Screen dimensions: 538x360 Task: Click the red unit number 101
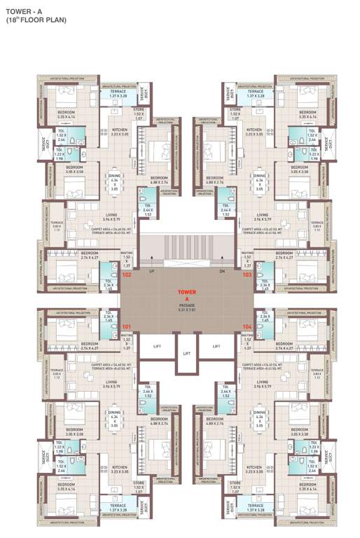coord(127,326)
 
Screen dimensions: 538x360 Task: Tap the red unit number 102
coord(127,275)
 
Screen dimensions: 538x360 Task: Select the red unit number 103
coord(247,275)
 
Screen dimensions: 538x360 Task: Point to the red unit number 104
coord(247,326)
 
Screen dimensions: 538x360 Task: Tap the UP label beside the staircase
coord(151,270)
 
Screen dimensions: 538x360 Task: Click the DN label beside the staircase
coord(222,270)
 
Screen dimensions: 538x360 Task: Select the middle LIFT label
coord(186,354)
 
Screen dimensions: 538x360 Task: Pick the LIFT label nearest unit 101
coord(157,346)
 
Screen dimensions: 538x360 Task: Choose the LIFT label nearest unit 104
coord(216,346)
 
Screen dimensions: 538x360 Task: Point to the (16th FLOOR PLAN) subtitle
coord(36,20)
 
